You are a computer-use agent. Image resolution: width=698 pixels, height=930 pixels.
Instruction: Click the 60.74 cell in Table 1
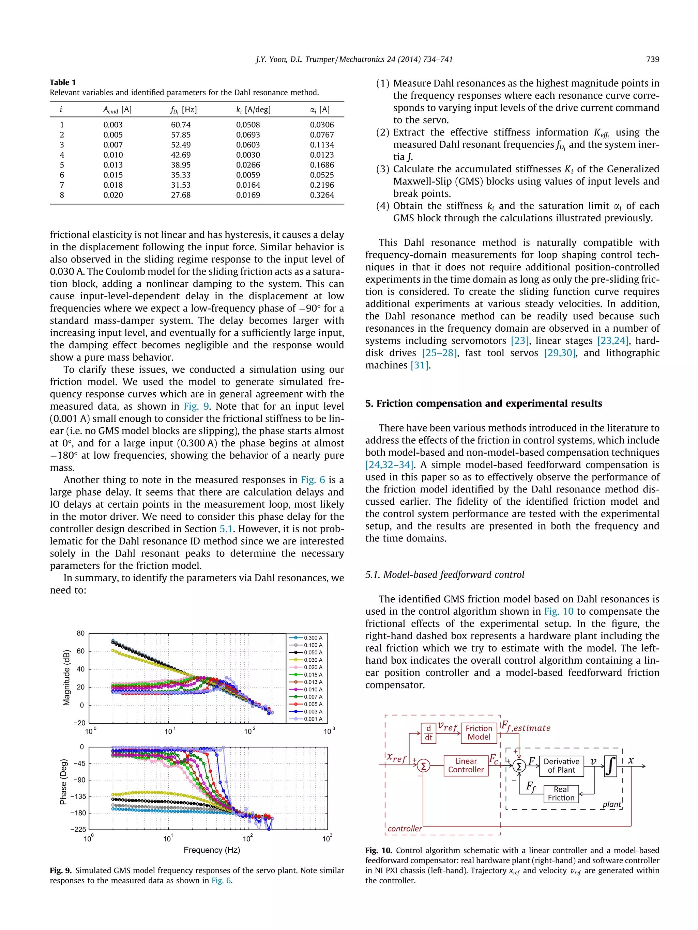(181, 125)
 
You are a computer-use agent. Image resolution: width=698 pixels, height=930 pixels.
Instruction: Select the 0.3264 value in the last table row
(322, 195)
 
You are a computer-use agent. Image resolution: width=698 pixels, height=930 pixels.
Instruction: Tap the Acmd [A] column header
(117, 110)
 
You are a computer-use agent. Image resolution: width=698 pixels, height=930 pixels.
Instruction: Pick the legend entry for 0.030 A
(313, 660)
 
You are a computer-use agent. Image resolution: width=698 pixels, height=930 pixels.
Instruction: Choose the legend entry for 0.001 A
(313, 719)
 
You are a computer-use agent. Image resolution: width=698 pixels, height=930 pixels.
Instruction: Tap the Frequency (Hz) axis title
(212, 850)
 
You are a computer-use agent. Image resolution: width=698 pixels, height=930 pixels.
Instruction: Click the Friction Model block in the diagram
(479, 732)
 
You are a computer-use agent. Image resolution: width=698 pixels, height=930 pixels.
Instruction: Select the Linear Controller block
(466, 765)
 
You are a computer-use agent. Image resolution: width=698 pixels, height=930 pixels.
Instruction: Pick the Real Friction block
(561, 793)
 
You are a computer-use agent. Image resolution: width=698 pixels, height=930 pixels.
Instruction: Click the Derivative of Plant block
(561, 766)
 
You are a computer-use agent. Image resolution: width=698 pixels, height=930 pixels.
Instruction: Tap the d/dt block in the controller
(428, 733)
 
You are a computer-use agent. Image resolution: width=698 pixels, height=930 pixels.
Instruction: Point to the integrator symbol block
(610, 766)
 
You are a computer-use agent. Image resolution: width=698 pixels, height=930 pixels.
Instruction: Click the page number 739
(653, 59)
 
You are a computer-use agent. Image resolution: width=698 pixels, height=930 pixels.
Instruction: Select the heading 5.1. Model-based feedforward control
(445, 575)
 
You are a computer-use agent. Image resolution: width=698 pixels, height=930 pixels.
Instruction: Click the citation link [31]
(419, 365)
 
